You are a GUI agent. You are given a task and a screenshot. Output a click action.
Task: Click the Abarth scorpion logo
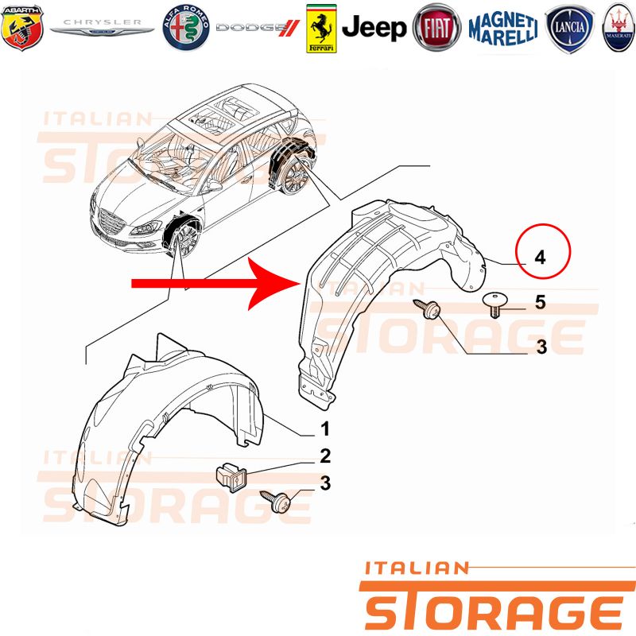22,28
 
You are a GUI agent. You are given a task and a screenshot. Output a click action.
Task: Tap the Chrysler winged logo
102,27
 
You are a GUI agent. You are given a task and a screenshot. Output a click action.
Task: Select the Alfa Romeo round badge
186,28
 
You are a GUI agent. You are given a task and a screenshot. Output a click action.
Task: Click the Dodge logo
258,28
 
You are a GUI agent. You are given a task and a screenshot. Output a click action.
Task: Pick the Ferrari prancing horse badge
321,29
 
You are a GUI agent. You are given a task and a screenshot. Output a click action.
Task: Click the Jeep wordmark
374,28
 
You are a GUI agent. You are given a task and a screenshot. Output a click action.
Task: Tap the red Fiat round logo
436,28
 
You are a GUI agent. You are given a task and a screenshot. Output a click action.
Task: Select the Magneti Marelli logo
503,29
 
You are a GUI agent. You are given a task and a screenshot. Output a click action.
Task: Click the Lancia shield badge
569,29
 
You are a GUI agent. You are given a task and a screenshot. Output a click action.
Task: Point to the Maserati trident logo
619,28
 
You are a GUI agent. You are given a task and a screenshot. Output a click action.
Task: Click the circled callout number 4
540,258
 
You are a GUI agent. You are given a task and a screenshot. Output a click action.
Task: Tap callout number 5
540,302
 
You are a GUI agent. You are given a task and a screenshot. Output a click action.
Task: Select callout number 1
325,429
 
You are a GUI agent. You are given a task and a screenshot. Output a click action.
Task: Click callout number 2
325,456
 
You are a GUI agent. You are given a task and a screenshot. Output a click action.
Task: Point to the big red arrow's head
274,284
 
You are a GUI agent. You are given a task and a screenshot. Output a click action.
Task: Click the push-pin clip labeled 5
494,304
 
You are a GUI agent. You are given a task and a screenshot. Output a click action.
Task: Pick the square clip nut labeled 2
231,478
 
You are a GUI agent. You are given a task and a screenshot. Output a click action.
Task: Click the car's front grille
111,223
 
